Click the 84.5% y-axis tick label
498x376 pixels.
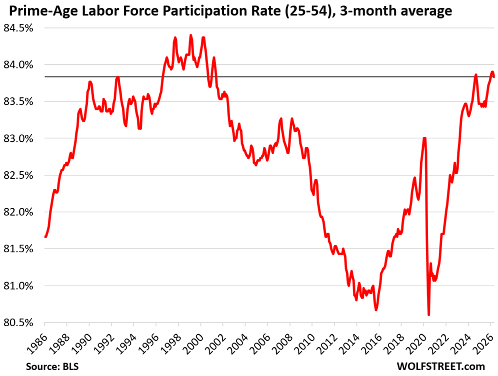point(18,28)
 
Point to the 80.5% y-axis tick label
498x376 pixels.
point(18,323)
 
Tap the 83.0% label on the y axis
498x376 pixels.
point(18,139)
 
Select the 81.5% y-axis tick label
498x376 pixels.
point(18,249)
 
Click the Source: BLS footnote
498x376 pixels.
point(52,367)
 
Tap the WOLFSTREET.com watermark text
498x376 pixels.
point(441,367)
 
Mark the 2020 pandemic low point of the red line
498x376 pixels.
point(429,315)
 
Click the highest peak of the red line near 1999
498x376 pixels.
point(190,35)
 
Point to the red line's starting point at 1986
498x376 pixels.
point(45,236)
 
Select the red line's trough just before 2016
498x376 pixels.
point(376,310)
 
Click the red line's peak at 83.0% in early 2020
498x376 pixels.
point(424,138)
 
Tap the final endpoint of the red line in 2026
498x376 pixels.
point(494,76)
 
